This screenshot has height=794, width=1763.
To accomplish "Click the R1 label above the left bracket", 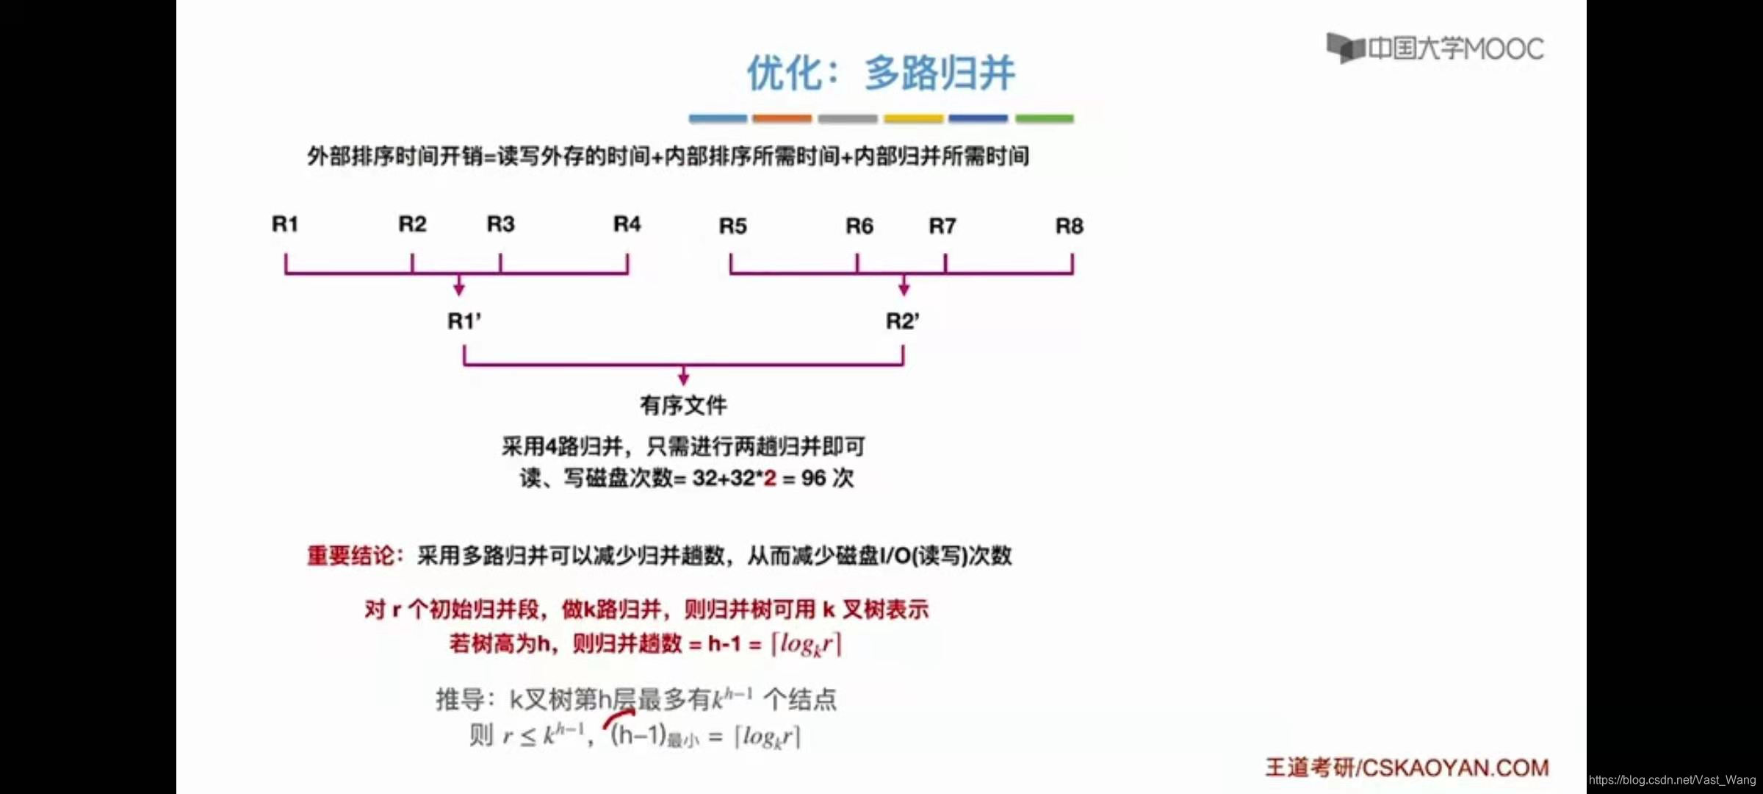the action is coord(285,223).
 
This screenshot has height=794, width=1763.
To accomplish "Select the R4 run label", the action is coord(627,223).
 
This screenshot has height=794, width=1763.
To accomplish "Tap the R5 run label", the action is coord(732,226).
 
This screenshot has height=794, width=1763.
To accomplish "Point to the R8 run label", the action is coord(1069,226).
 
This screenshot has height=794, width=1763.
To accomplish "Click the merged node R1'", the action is coord(464,321).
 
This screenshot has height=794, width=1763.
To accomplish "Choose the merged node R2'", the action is coord(902,321).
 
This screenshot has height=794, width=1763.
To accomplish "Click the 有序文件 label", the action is coord(683,405).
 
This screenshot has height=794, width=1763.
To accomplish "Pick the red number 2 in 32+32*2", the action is coord(769,479).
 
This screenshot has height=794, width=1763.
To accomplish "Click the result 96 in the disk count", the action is coord(813,479).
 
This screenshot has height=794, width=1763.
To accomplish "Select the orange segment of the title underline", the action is coord(782,118).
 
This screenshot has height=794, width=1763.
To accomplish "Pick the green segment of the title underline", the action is coord(1044,118).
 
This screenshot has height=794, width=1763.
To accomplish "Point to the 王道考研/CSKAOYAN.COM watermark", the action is coord(1406,768).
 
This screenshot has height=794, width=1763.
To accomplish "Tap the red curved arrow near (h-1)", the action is coord(619,717).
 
